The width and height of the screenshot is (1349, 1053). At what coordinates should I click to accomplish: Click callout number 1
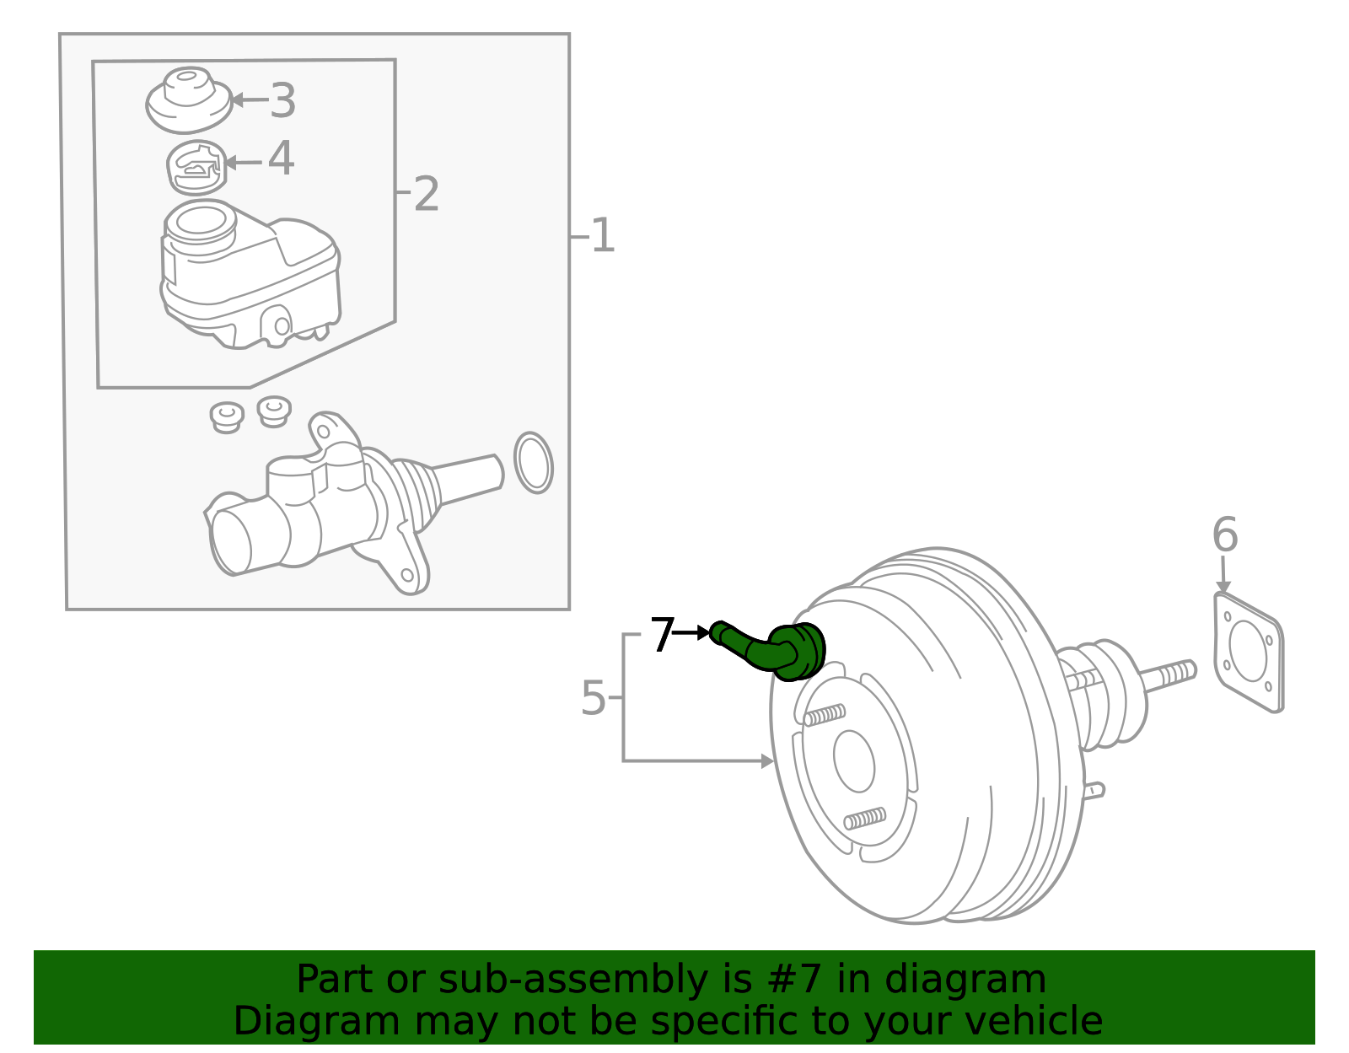602,236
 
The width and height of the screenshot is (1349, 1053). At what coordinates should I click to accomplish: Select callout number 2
426,195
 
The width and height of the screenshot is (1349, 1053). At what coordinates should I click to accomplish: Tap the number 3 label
282,100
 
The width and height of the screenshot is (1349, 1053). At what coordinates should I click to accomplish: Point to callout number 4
281,158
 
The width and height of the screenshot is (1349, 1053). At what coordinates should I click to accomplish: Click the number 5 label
594,699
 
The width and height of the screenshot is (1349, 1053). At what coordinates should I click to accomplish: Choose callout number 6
1224,535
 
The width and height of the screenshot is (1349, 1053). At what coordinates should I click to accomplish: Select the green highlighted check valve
776,650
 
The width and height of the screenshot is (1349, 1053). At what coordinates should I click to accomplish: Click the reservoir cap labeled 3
189,99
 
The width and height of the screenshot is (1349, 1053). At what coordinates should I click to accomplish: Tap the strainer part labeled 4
196,167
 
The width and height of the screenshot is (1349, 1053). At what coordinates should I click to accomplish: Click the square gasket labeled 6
1249,652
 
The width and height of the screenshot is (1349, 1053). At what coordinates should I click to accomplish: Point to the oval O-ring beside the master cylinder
533,463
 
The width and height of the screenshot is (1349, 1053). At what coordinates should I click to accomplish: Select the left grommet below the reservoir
227,416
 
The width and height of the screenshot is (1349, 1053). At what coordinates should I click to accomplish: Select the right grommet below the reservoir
274,410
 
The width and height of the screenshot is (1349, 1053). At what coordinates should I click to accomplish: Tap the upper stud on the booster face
824,715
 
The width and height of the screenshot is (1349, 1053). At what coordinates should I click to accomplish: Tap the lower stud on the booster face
865,818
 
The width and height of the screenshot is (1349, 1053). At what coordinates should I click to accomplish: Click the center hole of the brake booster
854,760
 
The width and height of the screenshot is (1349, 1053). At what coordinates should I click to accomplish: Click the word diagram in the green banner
982,979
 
